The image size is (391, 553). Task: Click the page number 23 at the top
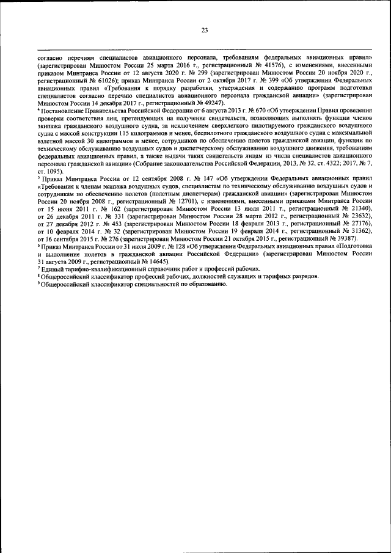click(x=205, y=30)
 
